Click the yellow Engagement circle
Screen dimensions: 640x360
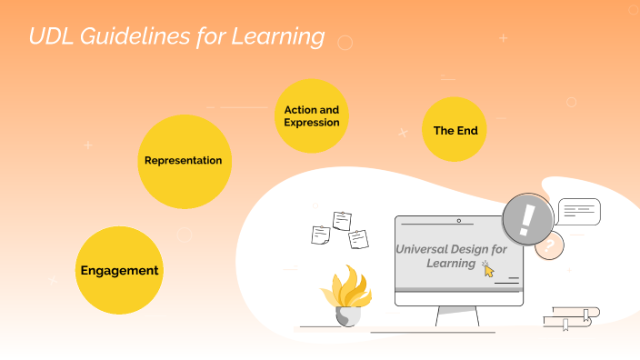tap(119, 270)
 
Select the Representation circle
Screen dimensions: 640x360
tap(184, 161)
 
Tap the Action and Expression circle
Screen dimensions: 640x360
tap(312, 115)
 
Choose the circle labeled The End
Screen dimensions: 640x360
tap(455, 130)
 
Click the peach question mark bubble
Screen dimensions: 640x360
tap(548, 245)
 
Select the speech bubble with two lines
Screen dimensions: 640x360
tap(578, 212)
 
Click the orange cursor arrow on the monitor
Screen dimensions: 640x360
tap(489, 270)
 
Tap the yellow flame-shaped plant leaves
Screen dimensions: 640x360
tap(345, 287)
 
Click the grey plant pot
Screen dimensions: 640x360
tap(347, 315)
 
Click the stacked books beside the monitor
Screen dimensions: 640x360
tap(571, 317)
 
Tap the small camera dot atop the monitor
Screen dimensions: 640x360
tap(458, 221)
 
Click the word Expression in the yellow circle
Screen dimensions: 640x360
tap(312, 123)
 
